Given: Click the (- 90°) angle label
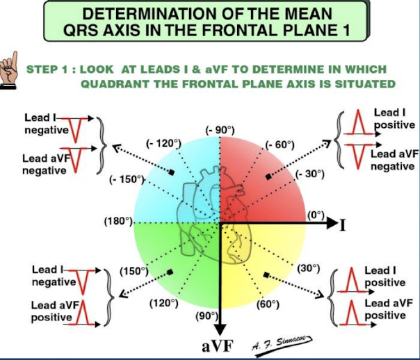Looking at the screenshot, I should (220, 130).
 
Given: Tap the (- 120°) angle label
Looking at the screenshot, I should (163, 143).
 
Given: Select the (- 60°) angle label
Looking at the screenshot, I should (281, 145).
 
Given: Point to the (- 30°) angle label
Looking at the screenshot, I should (309, 174).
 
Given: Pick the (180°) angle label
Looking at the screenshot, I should (118, 221).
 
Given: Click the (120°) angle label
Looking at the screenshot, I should (164, 303).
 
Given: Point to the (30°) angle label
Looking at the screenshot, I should (309, 268).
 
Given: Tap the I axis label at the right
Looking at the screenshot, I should (343, 224).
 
